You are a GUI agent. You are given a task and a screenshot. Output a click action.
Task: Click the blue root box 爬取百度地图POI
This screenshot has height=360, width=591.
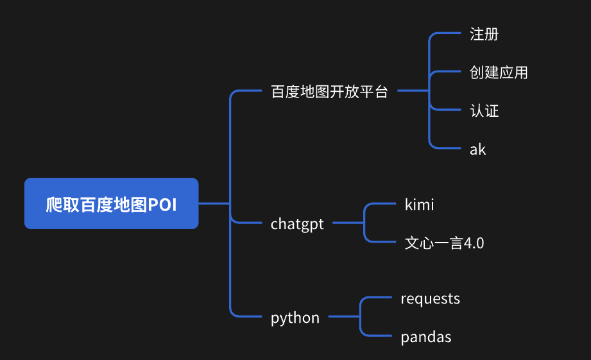pos(111,203)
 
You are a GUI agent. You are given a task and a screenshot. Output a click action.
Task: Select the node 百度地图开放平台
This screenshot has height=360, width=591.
pos(329,91)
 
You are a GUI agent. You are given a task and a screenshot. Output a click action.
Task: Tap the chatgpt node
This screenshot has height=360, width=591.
pos(297,224)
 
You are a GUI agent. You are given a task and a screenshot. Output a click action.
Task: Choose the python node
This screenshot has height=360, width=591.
pos(295,318)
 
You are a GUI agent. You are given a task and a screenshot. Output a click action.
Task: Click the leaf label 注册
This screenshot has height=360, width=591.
pos(484,34)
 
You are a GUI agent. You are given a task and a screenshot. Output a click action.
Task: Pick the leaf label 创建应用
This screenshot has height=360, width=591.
pos(499,73)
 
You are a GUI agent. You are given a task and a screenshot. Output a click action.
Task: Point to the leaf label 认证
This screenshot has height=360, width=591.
pos(484,111)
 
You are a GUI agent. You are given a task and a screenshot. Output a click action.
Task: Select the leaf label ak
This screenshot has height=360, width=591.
pos(477,150)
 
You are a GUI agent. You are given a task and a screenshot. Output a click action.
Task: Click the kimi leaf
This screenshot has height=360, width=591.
pos(419,205)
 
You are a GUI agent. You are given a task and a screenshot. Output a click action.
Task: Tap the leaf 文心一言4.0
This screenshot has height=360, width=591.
pos(444,243)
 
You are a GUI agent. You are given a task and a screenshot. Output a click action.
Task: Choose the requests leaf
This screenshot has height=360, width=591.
pos(430,298)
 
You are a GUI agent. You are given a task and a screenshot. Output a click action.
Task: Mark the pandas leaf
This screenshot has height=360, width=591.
pos(425,337)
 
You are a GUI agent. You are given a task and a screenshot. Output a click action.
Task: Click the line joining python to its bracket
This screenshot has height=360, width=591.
pos(344,317)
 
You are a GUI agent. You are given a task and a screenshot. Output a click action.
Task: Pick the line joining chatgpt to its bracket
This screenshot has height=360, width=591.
pos(348,223)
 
